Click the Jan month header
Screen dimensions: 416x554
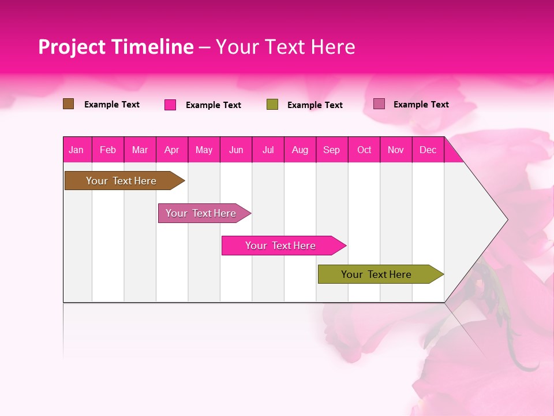tap(76, 150)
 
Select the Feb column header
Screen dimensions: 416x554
tap(108, 150)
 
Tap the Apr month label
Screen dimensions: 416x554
tap(171, 150)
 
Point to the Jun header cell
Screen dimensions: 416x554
tap(236, 150)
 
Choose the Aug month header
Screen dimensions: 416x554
tap(300, 150)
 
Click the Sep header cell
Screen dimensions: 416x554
tap(331, 150)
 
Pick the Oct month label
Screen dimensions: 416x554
tap(364, 150)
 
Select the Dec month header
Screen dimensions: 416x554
tap(428, 150)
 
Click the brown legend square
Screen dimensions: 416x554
tap(69, 104)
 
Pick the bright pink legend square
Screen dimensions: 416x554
tap(170, 105)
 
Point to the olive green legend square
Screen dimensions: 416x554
tap(272, 105)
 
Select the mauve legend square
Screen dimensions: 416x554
tap(379, 104)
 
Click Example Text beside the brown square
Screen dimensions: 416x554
tap(112, 105)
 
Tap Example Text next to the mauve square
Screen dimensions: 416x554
tap(421, 105)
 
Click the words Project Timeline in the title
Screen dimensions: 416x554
tap(116, 47)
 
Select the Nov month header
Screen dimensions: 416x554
tap(396, 150)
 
